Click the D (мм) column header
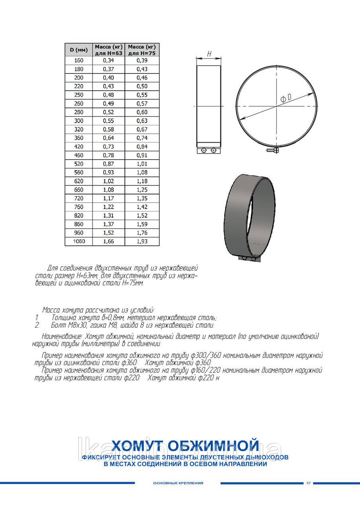(78, 50)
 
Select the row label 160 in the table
(79, 60)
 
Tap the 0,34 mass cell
(108, 60)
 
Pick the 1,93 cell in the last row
(142, 241)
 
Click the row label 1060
(79, 241)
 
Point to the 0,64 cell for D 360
(108, 138)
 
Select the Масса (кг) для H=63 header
(109, 50)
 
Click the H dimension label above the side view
(209, 54)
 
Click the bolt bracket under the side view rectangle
(209, 150)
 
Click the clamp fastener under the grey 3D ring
(249, 259)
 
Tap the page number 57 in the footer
(308, 483)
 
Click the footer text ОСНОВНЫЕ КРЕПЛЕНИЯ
(178, 483)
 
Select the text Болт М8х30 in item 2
(68, 325)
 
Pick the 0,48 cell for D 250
(108, 95)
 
